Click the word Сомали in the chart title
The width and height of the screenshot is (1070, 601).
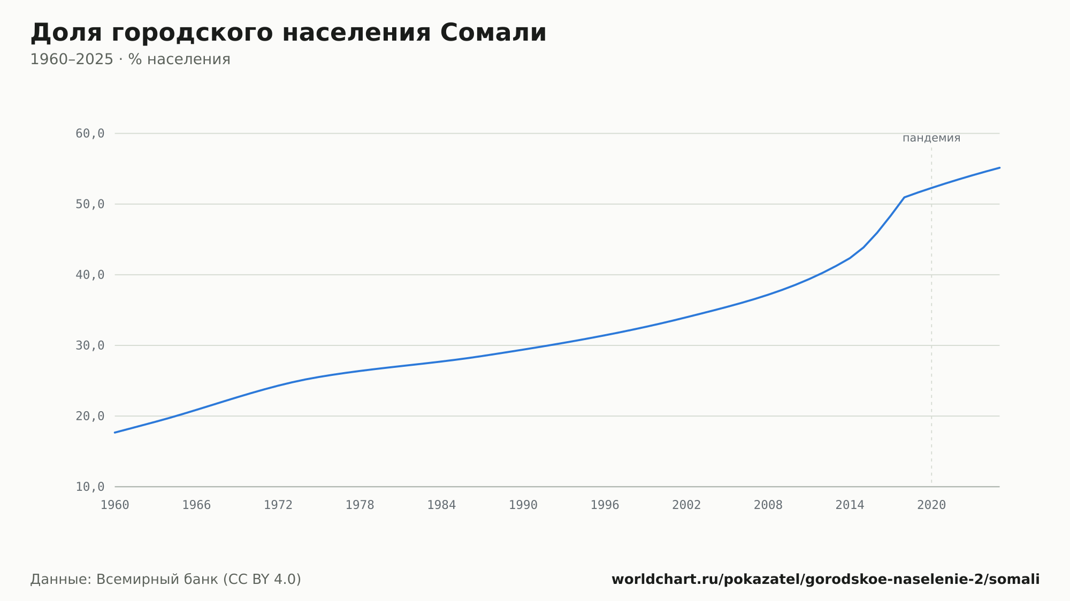coord(493,33)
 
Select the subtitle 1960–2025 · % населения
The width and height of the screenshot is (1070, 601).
coord(130,59)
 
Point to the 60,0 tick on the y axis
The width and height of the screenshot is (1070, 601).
coord(90,134)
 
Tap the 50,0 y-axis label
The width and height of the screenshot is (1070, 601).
coord(90,204)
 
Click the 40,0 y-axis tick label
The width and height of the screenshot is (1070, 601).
coord(90,275)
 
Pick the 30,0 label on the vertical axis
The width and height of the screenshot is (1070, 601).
coord(90,345)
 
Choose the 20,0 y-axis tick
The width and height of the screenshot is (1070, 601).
coord(90,416)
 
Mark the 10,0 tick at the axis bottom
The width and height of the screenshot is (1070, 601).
coord(90,487)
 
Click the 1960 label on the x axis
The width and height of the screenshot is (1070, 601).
coord(115,505)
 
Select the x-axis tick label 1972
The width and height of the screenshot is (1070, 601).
coord(278,505)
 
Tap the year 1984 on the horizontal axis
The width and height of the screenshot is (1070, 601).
coord(441,505)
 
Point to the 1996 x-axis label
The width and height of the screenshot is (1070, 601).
coord(605,505)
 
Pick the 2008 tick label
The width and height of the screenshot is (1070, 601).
coord(768,505)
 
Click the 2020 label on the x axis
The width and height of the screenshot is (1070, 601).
coord(931,505)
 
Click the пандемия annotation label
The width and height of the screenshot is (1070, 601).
coord(931,138)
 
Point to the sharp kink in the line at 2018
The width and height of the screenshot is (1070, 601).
coord(904,197)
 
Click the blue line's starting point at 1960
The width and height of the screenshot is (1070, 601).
coord(115,433)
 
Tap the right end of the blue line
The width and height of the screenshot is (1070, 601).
coord(999,168)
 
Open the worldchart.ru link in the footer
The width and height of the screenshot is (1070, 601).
coord(826,580)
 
